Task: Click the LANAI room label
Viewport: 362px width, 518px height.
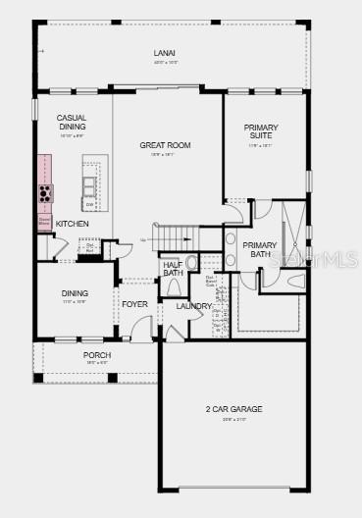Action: (165, 53)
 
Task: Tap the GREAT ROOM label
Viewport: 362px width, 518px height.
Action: (165, 145)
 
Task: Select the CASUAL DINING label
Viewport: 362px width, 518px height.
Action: (72, 122)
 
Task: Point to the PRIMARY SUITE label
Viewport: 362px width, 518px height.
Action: (261, 131)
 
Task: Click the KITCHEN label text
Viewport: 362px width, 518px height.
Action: (72, 224)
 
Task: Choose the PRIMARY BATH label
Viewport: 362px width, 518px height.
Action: (260, 249)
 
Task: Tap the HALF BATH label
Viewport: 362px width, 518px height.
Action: (173, 268)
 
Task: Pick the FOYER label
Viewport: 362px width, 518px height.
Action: (134, 304)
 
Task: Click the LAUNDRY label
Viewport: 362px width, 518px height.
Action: (194, 306)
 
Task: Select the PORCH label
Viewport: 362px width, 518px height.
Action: (97, 354)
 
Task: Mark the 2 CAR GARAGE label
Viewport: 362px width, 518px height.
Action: (233, 409)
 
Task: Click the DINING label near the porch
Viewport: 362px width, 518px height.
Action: (75, 292)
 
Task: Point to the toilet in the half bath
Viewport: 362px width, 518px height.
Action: (174, 287)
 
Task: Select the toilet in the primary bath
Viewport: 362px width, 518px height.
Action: (296, 282)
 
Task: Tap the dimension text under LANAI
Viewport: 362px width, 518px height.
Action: (165, 63)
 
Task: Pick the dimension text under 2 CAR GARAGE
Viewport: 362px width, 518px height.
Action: (233, 419)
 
